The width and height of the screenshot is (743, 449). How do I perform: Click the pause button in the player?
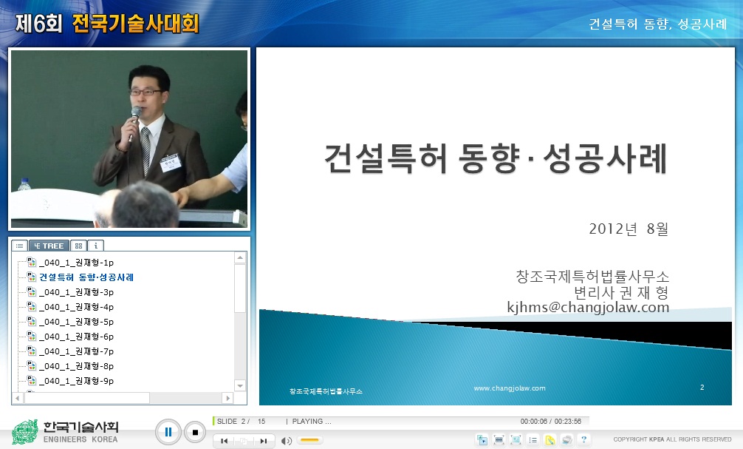(168, 432)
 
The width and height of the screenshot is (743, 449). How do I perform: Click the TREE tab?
(49, 246)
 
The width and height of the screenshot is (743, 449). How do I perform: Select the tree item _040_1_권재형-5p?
(76, 322)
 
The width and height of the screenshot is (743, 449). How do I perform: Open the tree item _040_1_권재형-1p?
(76, 263)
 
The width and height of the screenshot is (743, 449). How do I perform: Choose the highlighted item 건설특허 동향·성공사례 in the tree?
(86, 277)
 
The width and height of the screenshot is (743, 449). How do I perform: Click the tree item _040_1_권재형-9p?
(76, 381)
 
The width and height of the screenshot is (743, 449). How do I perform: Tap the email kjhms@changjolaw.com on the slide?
(588, 307)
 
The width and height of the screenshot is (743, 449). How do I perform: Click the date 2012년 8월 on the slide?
(629, 229)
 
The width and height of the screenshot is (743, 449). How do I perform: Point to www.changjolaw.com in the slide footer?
(510, 388)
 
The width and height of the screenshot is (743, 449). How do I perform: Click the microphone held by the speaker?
(135, 115)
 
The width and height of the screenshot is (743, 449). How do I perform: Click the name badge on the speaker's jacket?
(171, 165)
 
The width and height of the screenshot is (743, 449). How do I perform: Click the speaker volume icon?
(287, 441)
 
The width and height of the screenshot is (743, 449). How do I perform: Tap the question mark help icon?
(583, 439)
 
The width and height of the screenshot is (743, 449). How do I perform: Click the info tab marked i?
(97, 246)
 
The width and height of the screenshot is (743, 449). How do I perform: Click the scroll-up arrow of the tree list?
(240, 258)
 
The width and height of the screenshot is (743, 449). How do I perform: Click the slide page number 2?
(702, 387)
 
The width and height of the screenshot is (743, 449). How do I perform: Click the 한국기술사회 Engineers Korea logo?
(66, 431)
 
